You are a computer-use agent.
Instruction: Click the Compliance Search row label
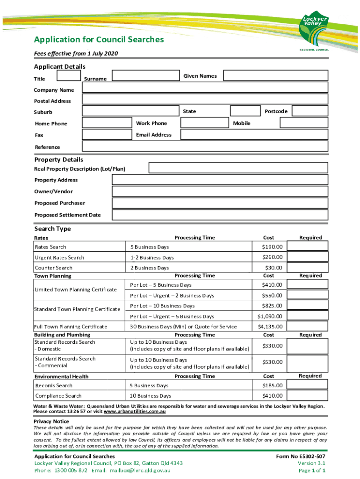[58, 396]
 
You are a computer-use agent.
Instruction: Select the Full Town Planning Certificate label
[71, 327]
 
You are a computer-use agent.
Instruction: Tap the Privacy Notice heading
[51, 421]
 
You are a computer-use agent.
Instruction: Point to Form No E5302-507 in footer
[301, 456]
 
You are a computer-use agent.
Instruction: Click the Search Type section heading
[53, 229]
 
